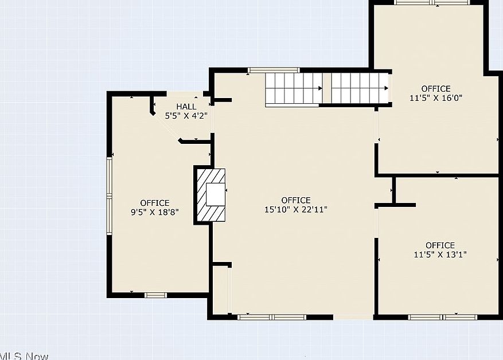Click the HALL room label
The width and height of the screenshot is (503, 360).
point(186,107)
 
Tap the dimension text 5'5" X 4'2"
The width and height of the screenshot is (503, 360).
point(186,116)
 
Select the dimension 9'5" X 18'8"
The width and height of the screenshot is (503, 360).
point(155,212)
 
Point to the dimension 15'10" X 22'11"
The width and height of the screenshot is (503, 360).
point(296,209)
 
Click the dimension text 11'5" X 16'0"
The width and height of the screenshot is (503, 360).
point(436,98)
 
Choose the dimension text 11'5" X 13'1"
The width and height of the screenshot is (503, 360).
point(440,255)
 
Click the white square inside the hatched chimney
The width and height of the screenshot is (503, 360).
point(216,194)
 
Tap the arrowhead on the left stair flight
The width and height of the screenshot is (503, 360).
point(320,88)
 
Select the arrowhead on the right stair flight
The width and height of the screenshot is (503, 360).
point(386,88)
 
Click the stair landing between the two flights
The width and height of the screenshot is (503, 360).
point(327,88)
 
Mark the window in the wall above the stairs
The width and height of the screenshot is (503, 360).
point(274,70)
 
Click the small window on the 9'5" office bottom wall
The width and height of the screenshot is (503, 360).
point(155,295)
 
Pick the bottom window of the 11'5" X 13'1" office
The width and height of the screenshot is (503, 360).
point(443,318)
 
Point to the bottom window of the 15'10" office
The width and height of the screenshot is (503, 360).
point(272,318)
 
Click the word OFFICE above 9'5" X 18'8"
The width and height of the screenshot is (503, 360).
point(155,203)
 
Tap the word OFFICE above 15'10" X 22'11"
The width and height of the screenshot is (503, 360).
point(296,201)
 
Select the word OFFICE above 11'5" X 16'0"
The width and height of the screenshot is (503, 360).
point(436,88)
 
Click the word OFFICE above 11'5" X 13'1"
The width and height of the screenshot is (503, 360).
point(440,245)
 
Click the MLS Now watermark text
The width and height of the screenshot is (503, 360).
point(24,356)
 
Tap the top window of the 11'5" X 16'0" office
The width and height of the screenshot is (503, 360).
point(433,2)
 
